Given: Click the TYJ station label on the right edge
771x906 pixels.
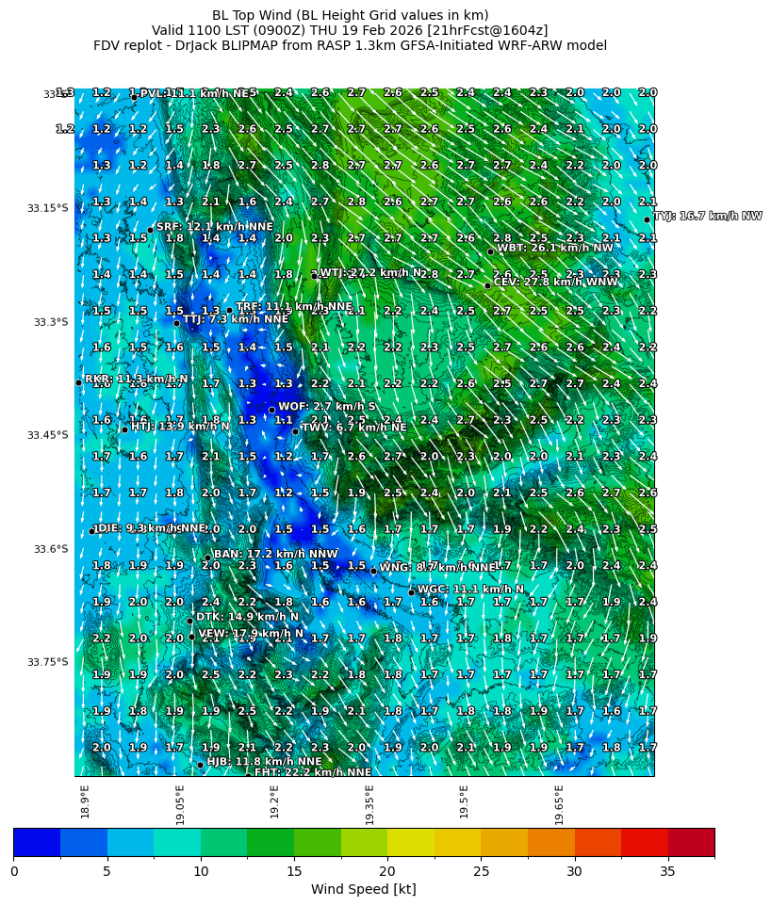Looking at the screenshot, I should click(708, 216).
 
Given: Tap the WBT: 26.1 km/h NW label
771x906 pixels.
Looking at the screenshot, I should click(554, 248).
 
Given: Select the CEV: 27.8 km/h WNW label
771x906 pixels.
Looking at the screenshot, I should click(556, 282).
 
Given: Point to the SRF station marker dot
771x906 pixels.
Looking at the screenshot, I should click(150, 230).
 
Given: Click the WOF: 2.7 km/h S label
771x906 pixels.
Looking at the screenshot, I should click(327, 407).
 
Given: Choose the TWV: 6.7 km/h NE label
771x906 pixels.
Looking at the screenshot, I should click(353, 428).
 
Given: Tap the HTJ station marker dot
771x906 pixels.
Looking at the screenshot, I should click(124, 429).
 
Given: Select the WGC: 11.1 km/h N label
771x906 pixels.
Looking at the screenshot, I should click(470, 590).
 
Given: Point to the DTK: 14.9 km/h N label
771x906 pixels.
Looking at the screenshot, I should click(247, 617).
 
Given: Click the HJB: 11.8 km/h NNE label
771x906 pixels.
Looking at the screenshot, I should click(264, 761).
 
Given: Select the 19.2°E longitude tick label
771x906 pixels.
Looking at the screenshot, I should click(274, 801).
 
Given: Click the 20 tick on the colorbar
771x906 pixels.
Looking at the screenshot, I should click(387, 871).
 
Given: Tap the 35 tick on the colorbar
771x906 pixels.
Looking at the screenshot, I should click(667, 871).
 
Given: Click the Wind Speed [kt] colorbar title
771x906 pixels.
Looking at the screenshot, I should click(363, 890).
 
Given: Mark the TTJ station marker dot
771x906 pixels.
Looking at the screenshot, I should click(176, 323).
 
